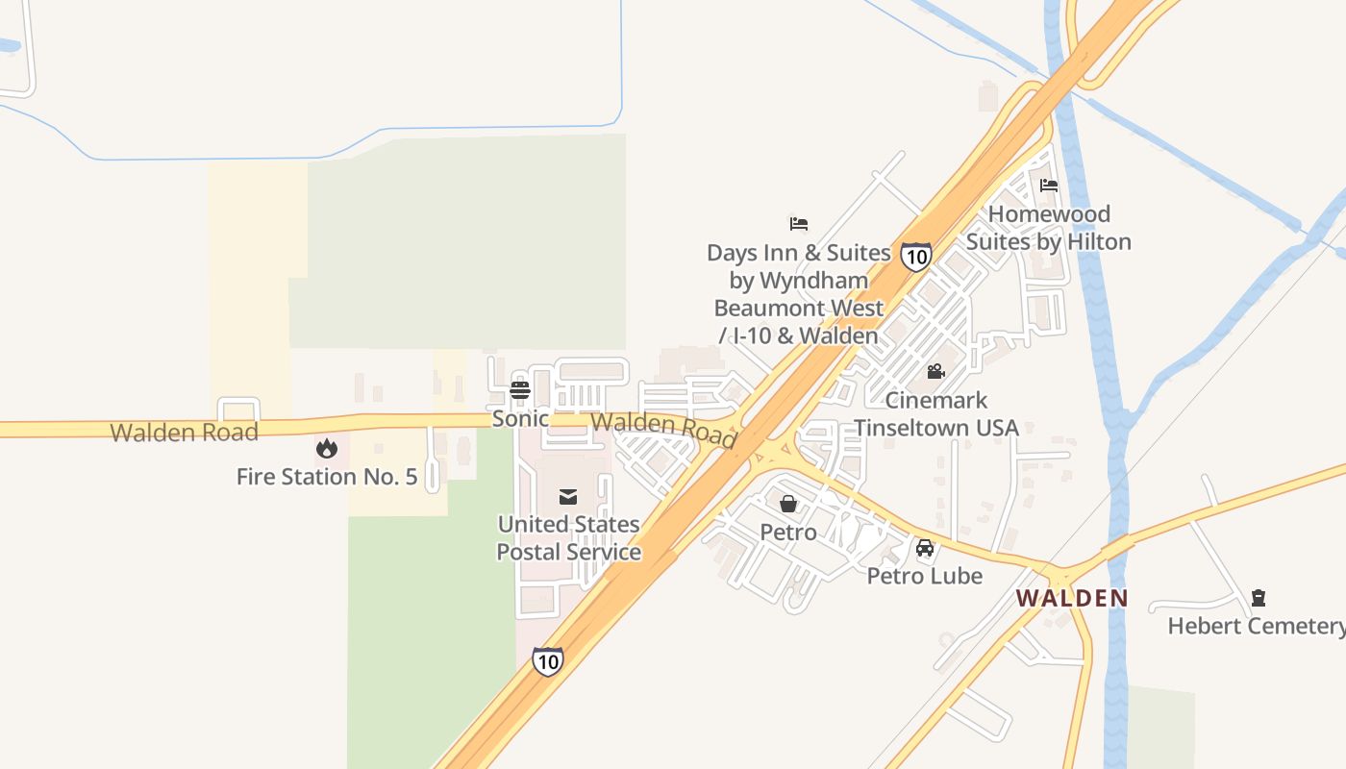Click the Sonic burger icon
tap(520, 389)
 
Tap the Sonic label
tap(520, 419)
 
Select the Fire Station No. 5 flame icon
tap(327, 448)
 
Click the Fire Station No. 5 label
tap(327, 477)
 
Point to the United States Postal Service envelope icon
tap(568, 496)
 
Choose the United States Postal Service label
tap(568, 538)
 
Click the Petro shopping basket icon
tap(788, 503)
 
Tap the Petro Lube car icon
tap(925, 548)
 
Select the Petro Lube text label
tap(925, 576)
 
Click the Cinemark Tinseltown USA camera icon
tap(935, 371)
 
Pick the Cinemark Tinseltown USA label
tap(936, 413)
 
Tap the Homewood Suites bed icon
tap(1049, 185)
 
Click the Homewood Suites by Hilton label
tap(1049, 228)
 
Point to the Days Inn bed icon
tap(799, 224)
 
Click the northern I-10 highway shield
tap(916, 256)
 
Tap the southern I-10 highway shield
tap(547, 660)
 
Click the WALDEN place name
tap(1072, 598)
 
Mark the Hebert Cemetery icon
tap(1259, 598)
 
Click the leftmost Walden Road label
tap(185, 433)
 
